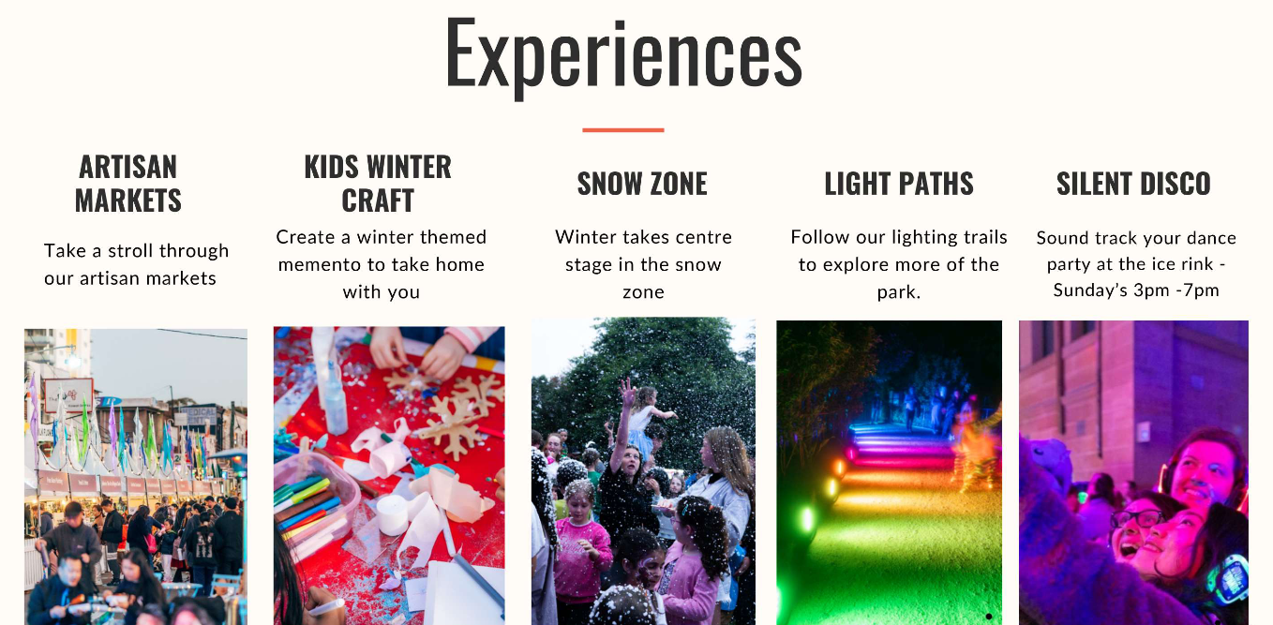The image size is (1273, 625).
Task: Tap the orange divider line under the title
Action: tap(622, 130)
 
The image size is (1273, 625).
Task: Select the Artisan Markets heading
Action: tap(128, 184)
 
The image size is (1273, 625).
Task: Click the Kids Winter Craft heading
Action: tap(378, 184)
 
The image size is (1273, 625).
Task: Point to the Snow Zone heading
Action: tap(642, 184)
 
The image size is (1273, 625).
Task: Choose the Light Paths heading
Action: tap(899, 184)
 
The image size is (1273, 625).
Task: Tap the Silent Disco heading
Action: tap(1133, 184)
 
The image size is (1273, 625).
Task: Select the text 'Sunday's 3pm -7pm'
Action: tap(1136, 290)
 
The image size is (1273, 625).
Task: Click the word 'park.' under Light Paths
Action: tap(899, 292)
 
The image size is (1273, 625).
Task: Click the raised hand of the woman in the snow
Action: tap(627, 393)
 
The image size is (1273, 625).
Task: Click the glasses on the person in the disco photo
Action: tap(1136, 519)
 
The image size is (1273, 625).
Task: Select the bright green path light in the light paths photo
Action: tap(807, 519)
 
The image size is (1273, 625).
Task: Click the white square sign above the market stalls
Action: tap(68, 394)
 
